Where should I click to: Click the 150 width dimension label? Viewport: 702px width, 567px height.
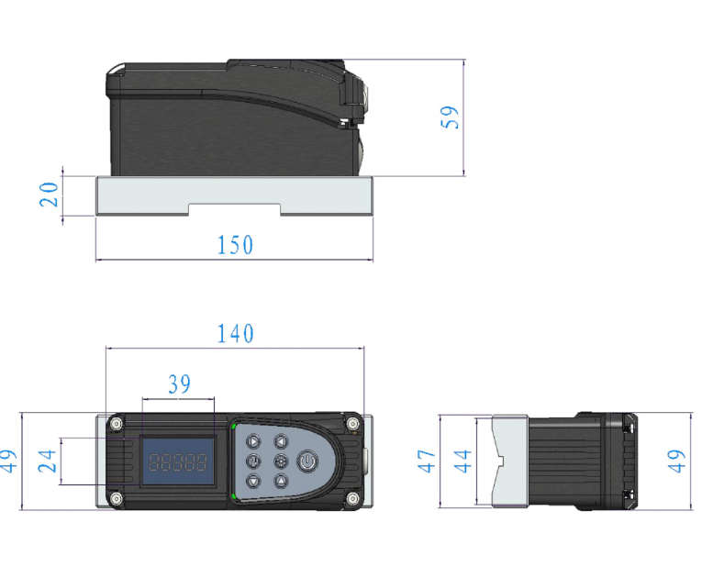tap(235, 245)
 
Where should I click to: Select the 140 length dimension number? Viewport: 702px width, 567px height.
tap(235, 333)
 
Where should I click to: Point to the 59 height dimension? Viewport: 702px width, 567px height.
tap(450, 117)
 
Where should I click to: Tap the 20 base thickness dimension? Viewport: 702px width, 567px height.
tap(49, 195)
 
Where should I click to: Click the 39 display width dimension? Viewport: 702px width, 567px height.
tap(179, 384)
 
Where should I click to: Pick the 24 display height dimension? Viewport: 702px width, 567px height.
tap(47, 461)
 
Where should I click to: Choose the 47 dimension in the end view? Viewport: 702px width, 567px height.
tap(426, 461)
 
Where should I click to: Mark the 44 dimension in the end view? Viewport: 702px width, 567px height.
tap(462, 461)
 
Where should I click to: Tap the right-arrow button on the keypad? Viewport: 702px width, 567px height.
tap(253, 441)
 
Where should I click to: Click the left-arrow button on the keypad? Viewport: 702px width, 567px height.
tap(281, 441)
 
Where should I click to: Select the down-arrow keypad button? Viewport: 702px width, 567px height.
tap(253, 481)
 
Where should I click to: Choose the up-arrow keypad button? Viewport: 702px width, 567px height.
tap(281, 481)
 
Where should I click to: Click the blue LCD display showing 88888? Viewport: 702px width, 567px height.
tap(178, 461)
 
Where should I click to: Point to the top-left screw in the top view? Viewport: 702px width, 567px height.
tap(117, 423)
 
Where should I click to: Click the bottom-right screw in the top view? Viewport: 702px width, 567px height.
tap(352, 498)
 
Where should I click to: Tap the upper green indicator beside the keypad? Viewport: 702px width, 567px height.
tap(233, 426)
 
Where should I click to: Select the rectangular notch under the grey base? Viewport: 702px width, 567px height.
tap(235, 209)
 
